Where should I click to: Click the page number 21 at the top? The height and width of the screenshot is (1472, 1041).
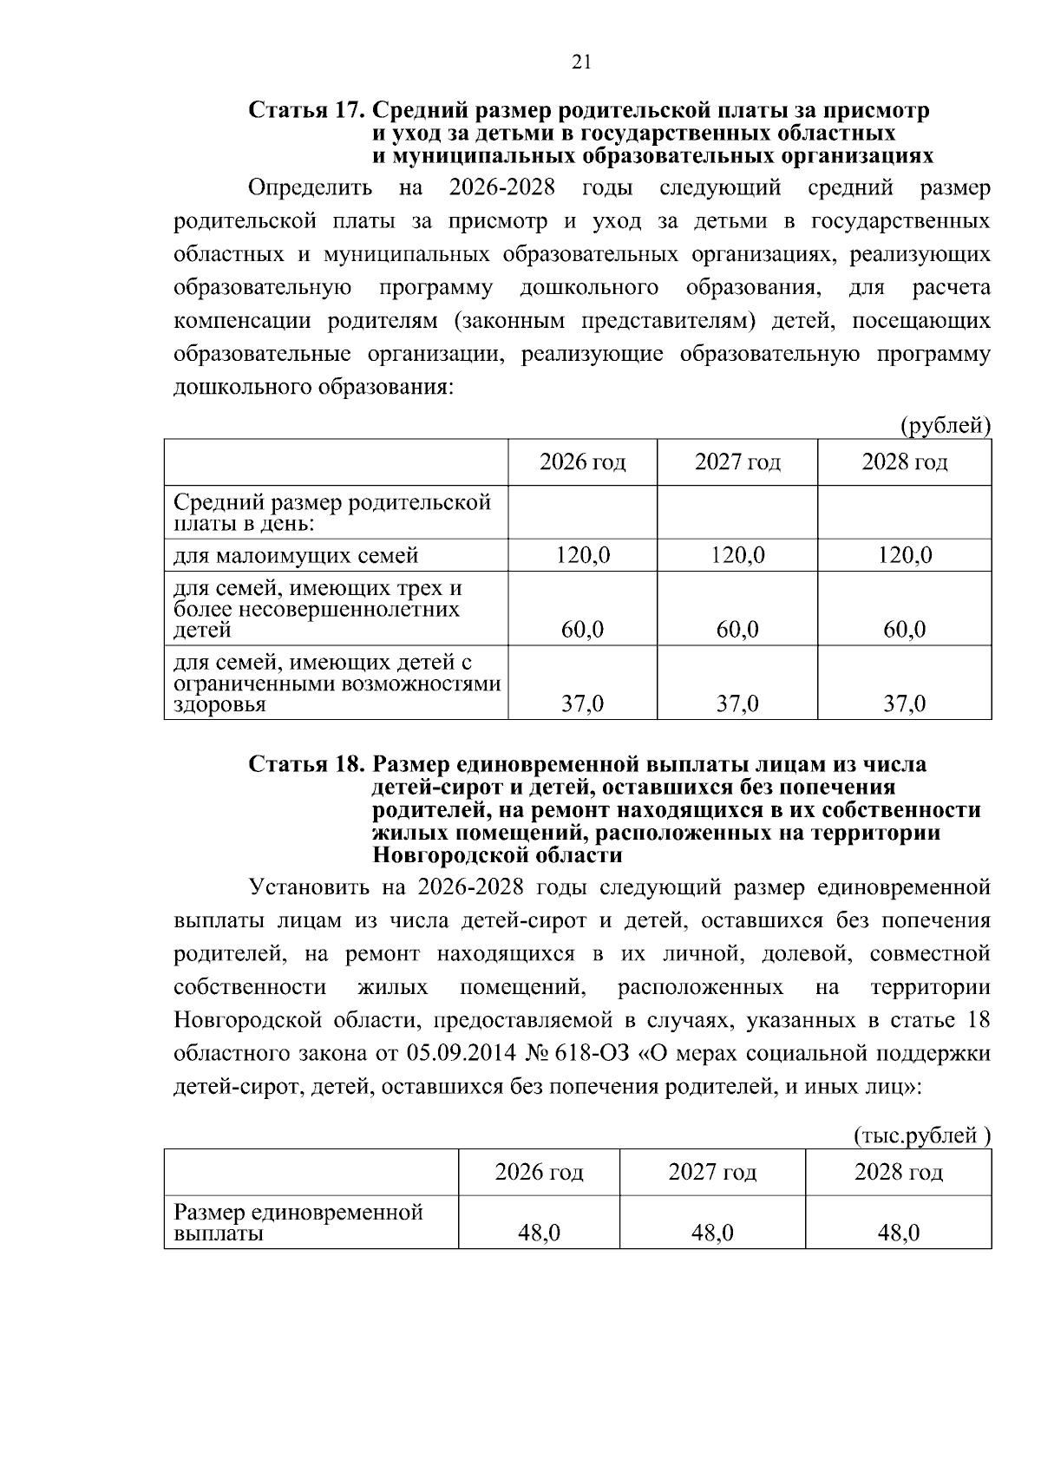[x=581, y=61]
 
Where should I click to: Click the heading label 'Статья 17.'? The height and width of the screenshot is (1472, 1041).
[x=307, y=111]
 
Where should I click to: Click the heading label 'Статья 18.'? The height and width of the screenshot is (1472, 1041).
[x=307, y=764]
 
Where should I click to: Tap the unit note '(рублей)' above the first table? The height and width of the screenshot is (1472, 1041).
[x=945, y=426]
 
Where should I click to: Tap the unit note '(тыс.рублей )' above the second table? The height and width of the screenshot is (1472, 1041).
[x=922, y=1135]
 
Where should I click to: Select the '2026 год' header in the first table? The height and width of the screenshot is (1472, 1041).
[x=582, y=462]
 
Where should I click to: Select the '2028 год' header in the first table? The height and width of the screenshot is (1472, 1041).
[x=904, y=462]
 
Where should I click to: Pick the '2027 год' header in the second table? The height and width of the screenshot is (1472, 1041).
[x=711, y=1173]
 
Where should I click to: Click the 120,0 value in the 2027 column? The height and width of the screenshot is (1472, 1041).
[x=737, y=555]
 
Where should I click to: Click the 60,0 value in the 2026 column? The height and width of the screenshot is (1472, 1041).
[x=582, y=629]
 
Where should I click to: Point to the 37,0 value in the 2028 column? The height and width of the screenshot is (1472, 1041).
[x=904, y=703]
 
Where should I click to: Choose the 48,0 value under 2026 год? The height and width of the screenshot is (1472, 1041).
[x=539, y=1233]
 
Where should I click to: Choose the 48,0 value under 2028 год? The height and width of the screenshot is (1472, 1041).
[x=898, y=1233]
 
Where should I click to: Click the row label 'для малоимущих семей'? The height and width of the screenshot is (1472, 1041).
[x=296, y=555]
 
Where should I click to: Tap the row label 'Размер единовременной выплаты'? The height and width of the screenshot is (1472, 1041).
[x=298, y=1222]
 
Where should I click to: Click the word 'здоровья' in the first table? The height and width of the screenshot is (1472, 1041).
[x=219, y=704]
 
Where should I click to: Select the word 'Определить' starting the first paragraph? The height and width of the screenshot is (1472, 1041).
[x=311, y=188]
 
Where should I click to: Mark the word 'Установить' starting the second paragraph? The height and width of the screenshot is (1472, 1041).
[x=310, y=887]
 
